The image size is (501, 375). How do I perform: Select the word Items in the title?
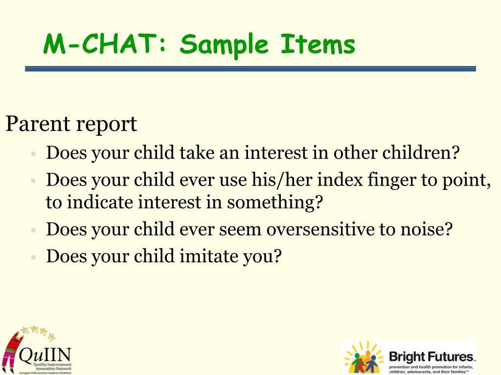pos(318,45)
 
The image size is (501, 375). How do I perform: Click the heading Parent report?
pos(71,125)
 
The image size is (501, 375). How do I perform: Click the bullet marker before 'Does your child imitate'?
pos(33,256)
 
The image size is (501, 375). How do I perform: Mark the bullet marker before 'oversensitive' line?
pos(33,229)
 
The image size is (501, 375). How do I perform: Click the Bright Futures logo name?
pos(431,356)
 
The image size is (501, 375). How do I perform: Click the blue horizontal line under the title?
pos(250,69)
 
